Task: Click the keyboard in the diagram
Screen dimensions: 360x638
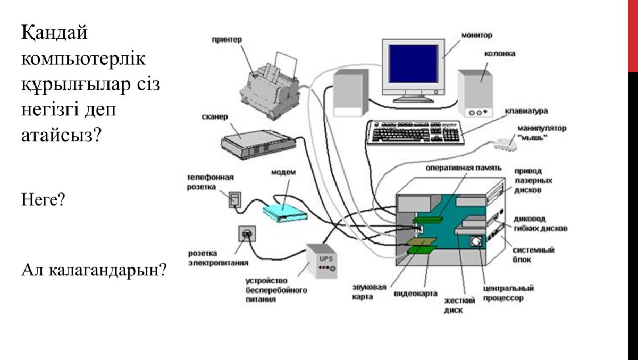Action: (x=415, y=132)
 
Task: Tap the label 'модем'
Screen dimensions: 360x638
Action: (x=283, y=173)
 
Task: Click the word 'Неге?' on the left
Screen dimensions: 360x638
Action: (x=43, y=200)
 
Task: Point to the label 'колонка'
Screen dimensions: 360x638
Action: (x=499, y=54)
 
